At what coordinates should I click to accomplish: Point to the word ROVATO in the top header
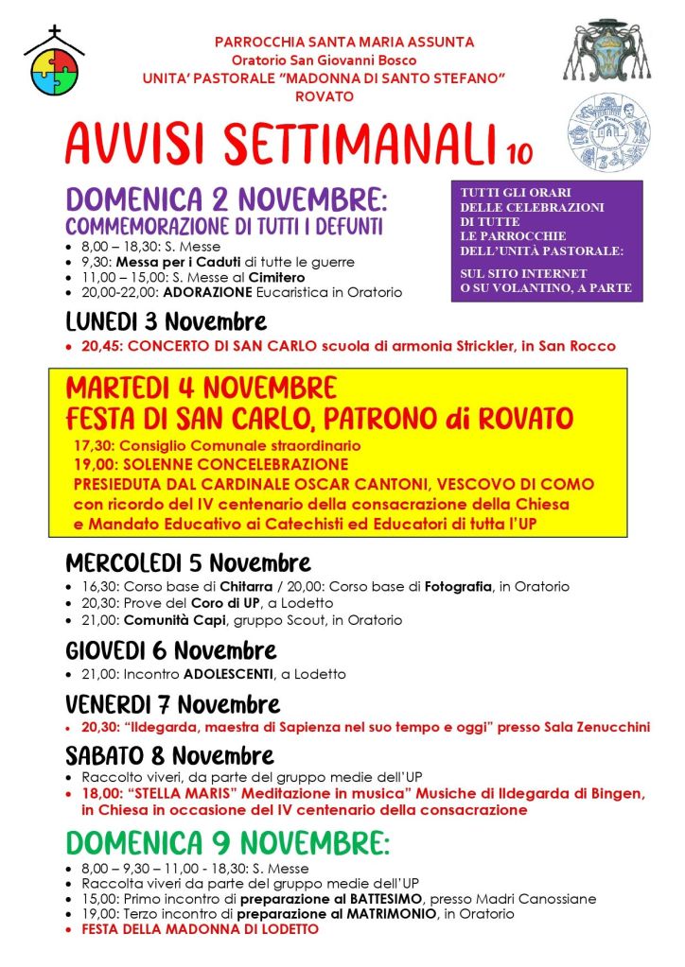[x=325, y=96]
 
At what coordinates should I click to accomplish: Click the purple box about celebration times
[x=546, y=241]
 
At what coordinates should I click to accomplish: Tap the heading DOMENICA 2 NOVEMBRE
[x=227, y=200]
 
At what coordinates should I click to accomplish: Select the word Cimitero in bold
[x=277, y=277]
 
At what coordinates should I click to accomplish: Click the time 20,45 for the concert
[x=100, y=347]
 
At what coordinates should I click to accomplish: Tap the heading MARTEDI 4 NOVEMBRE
[x=201, y=389]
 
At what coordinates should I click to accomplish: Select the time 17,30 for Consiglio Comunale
[x=93, y=444]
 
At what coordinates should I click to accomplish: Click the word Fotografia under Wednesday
[x=457, y=587]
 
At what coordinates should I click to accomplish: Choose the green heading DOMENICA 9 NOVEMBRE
[x=227, y=843]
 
